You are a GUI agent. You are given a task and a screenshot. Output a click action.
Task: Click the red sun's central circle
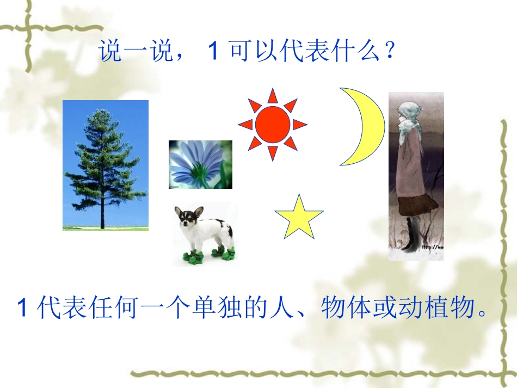[x=272, y=124]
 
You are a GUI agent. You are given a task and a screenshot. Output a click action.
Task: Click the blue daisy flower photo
[x=200, y=164]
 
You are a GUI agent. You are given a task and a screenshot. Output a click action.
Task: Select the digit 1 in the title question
[x=213, y=52]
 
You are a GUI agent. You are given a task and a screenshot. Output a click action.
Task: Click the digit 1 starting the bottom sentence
[x=23, y=308]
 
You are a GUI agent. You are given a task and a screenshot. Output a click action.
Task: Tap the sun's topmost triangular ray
[x=272, y=96]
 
